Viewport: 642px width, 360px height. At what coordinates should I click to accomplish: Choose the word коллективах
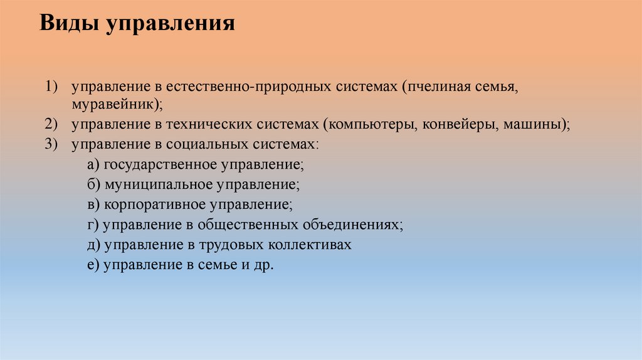(x=310, y=245)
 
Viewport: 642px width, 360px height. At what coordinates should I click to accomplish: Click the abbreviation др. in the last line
(x=265, y=265)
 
